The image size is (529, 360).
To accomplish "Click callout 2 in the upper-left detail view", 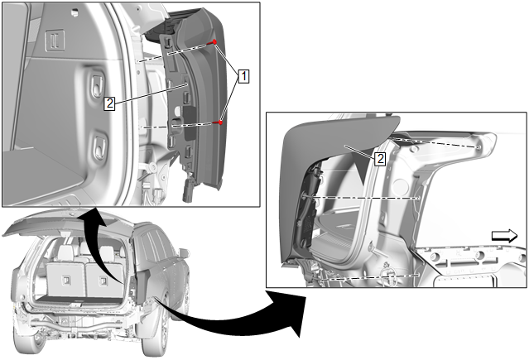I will point(109,104).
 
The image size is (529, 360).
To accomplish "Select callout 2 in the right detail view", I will point(380,157).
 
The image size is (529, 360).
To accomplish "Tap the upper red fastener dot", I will point(214,42).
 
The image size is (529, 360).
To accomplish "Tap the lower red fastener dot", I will point(221,123).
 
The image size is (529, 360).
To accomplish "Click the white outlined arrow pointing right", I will point(503,236).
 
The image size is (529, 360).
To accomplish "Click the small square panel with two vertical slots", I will point(55,38).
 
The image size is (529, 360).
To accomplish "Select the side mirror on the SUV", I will point(183,253).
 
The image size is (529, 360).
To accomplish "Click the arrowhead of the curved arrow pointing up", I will point(93,216).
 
